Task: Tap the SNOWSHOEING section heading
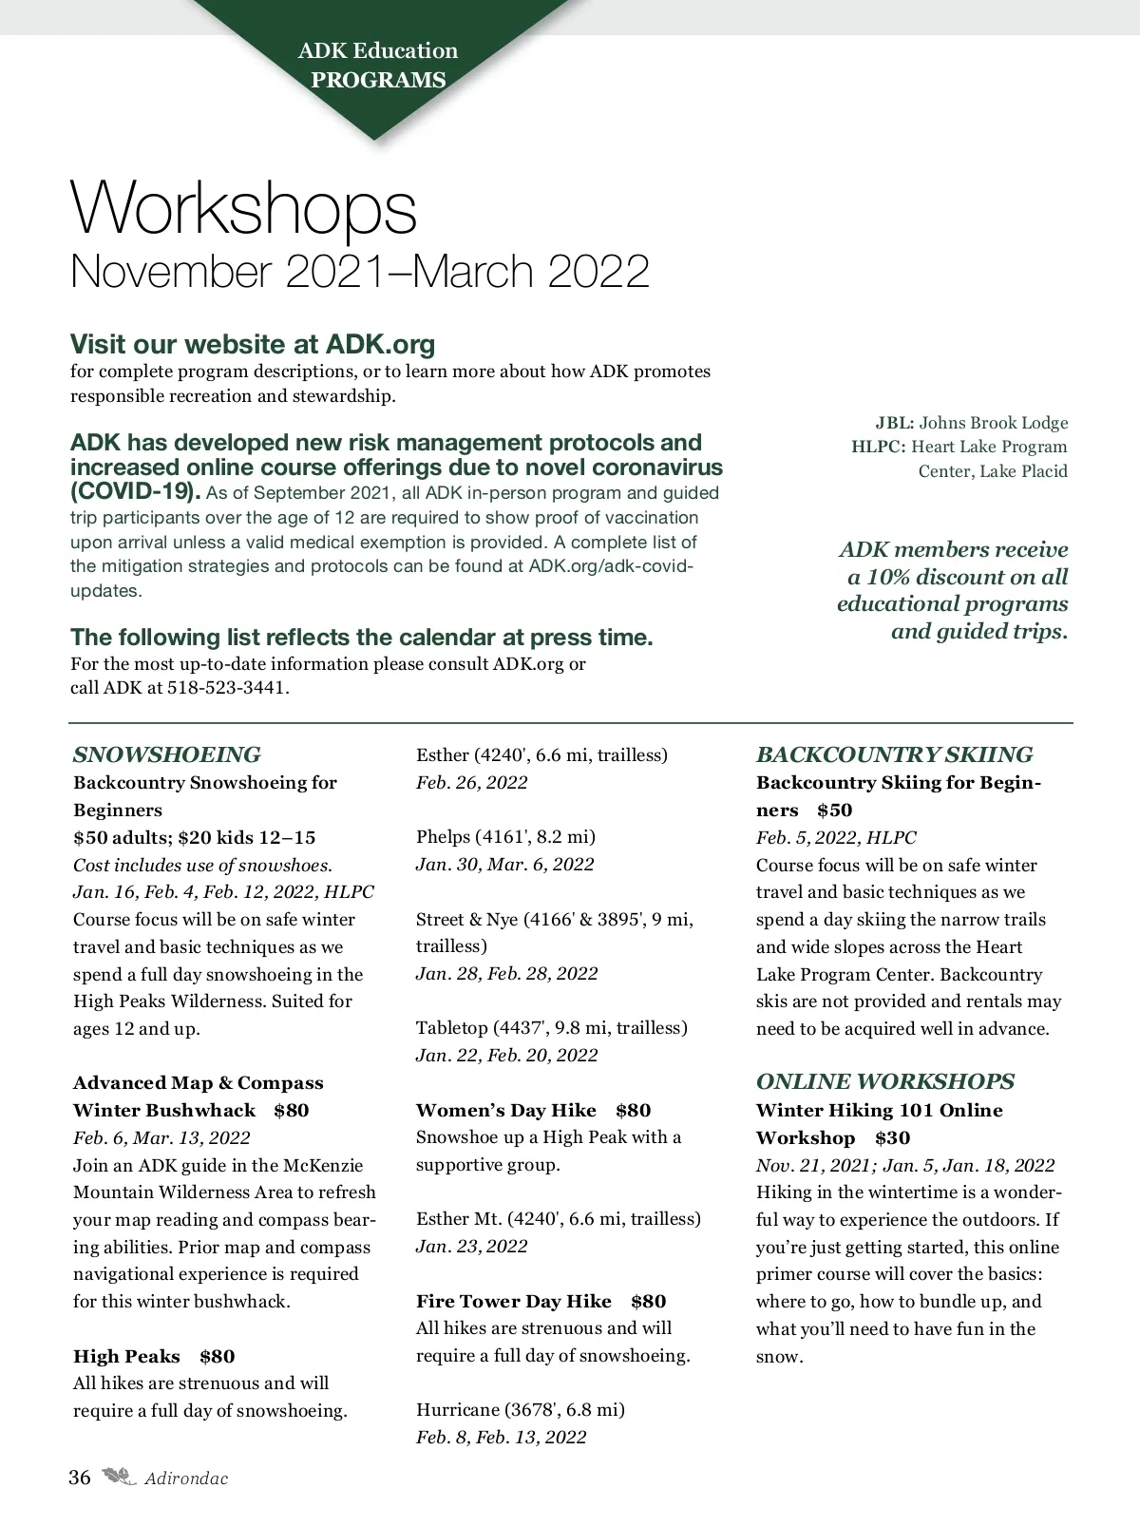pyautogui.click(x=166, y=755)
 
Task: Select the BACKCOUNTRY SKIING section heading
pyautogui.click(x=894, y=755)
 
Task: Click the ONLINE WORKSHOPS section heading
pyautogui.click(x=884, y=1081)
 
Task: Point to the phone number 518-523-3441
pyautogui.click(x=228, y=687)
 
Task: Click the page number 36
pyautogui.click(x=80, y=1478)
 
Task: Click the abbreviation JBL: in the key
pyautogui.click(x=894, y=423)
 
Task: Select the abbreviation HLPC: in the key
pyautogui.click(x=878, y=447)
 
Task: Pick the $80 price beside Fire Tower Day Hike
pyautogui.click(x=648, y=1301)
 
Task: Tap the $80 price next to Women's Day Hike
pyautogui.click(x=633, y=1110)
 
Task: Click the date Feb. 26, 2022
pyautogui.click(x=471, y=783)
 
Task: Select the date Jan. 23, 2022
pyautogui.click(x=471, y=1246)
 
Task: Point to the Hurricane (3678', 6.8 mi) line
pyautogui.click(x=520, y=1409)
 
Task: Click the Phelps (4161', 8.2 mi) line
pyautogui.click(x=505, y=837)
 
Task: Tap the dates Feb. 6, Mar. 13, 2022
pyautogui.click(x=161, y=1137)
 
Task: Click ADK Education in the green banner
pyautogui.click(x=378, y=50)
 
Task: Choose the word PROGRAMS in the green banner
pyautogui.click(x=378, y=80)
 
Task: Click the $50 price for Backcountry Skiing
pyautogui.click(x=834, y=810)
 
